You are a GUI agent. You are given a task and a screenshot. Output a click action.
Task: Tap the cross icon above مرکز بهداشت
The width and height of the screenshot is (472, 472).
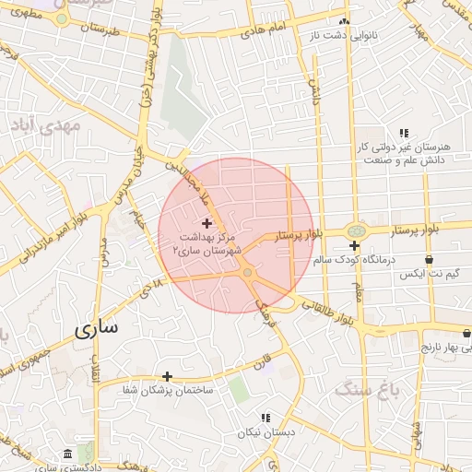(x=206, y=223)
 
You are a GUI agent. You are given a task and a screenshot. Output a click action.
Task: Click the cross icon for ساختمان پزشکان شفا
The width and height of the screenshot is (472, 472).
(x=167, y=376)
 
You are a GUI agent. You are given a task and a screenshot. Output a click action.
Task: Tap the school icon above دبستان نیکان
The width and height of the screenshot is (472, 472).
(x=265, y=418)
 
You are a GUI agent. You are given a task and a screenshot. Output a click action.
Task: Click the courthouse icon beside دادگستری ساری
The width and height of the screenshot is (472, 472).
(x=68, y=454)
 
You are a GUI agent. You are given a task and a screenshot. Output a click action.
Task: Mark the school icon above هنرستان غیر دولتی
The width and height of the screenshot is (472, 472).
(x=403, y=133)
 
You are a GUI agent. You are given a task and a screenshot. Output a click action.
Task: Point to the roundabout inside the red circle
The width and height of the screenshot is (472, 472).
(x=247, y=272)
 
